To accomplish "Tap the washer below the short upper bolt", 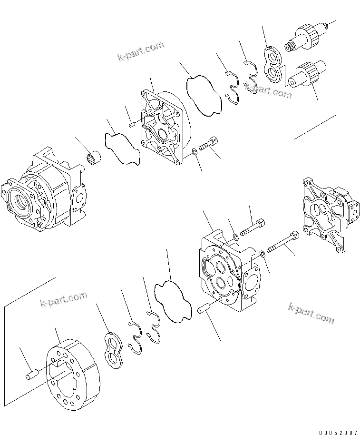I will click(x=195, y=152).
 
